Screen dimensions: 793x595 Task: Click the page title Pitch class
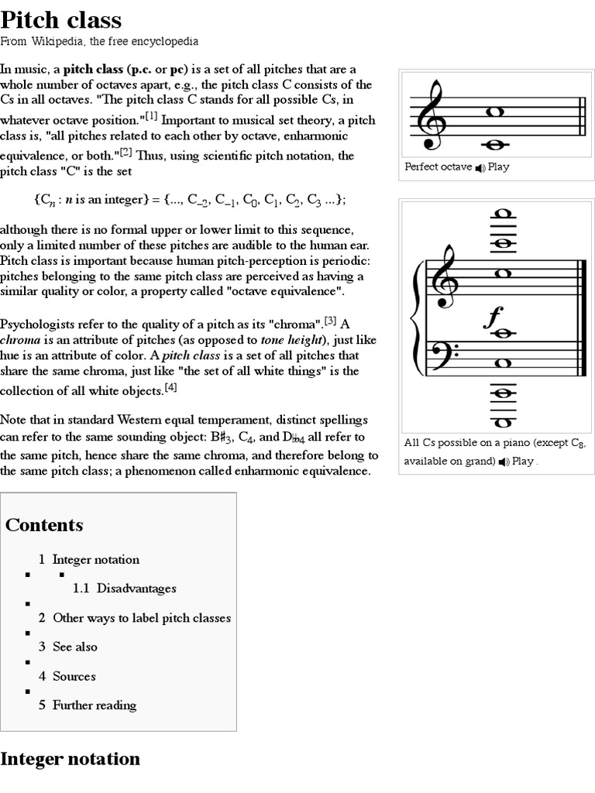coord(61,19)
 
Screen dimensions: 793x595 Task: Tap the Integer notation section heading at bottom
coord(71,759)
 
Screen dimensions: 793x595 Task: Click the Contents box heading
coord(44,525)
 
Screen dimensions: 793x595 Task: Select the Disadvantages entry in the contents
coord(136,589)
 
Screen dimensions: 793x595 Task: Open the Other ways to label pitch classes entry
coord(141,618)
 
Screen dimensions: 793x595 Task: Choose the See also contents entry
coord(74,647)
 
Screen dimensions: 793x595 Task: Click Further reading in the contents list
coord(94,705)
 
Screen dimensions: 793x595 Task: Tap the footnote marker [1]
coord(149,117)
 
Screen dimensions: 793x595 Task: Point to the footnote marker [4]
coord(171,387)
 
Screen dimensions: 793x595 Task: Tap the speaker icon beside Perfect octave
coord(480,167)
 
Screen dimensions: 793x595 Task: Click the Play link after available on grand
coord(522,462)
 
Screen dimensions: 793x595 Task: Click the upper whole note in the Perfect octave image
coord(496,112)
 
